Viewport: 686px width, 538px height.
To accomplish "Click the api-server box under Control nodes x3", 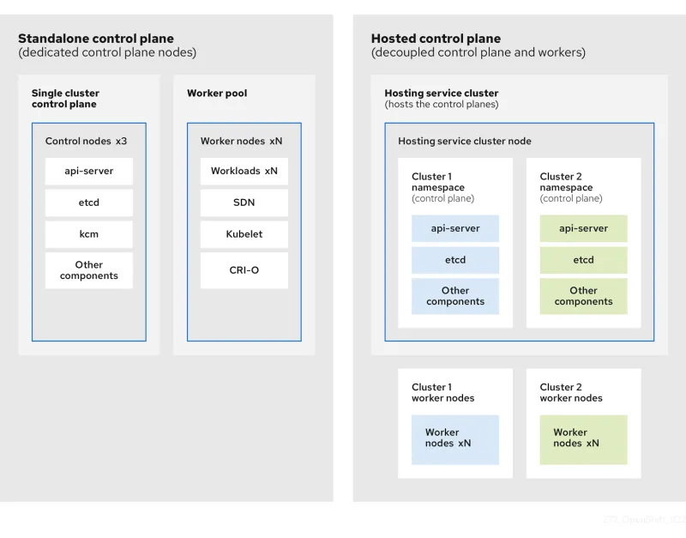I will pos(89,171).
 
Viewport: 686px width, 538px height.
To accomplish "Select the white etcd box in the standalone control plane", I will pos(89,203).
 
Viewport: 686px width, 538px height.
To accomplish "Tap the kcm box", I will pos(89,234).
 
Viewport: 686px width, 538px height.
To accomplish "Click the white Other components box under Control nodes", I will pos(89,270).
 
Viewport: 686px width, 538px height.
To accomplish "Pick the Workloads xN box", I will pos(244,171).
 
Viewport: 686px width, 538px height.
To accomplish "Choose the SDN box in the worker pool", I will pos(244,203).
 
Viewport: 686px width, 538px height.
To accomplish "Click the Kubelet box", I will pos(244,234).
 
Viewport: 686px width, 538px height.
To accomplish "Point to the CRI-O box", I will pos(244,270).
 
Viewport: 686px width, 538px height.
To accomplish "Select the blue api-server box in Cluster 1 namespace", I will pos(455,228).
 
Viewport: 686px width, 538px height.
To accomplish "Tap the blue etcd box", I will pos(455,260).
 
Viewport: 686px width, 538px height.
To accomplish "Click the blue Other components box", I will pos(455,296).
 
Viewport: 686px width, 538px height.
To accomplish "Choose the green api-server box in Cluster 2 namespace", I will pos(583,228).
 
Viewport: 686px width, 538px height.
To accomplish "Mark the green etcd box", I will pos(583,260).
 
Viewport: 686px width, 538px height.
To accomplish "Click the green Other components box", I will pos(583,296).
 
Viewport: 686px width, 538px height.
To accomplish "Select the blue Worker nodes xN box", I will pos(455,439).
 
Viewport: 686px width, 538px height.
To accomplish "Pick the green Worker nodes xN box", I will pos(583,439).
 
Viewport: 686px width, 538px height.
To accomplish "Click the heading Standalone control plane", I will pos(96,39).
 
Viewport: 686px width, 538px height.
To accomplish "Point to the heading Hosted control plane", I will pos(436,39).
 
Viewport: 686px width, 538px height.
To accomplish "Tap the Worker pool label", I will pos(218,93).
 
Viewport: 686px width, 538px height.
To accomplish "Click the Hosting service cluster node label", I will pos(465,141).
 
